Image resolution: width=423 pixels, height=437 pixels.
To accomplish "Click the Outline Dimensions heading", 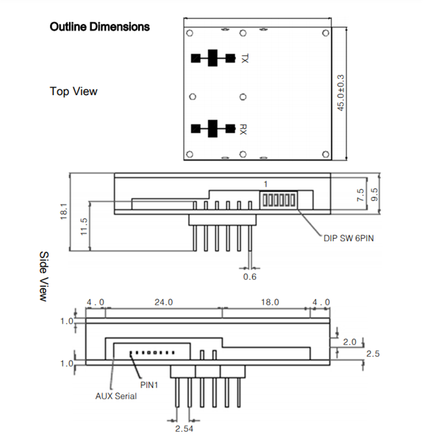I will tap(100, 27).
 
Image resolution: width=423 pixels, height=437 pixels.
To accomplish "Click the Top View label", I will tap(74, 91).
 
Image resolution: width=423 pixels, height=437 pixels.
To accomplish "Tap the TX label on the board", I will tap(245, 58).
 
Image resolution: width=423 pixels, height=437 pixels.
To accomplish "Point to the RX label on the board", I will tap(244, 129).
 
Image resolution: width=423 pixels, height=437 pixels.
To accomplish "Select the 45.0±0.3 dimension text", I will tap(341, 93).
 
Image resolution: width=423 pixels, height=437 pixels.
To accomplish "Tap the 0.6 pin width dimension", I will tap(249, 277).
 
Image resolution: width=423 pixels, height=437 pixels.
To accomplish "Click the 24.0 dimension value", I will tap(163, 303).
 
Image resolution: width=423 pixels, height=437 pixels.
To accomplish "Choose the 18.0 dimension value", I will tap(270, 303).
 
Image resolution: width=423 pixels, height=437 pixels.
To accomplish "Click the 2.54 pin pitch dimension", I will tap(184, 428).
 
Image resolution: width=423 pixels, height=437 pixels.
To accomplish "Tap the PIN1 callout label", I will tap(149, 385).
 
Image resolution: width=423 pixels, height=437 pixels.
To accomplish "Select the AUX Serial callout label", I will tap(116, 396).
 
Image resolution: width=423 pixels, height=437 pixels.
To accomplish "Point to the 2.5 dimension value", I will tap(372, 354).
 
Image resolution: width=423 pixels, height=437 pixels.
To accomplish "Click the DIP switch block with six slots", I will tap(278, 200).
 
